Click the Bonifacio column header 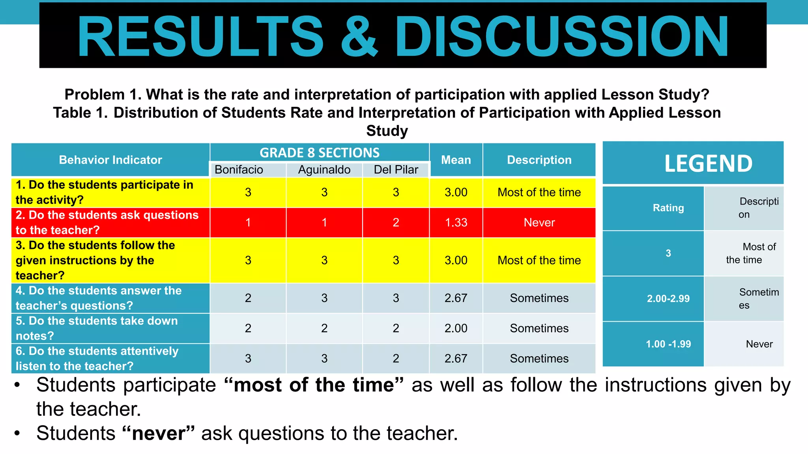coord(239,169)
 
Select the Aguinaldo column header coord(324,169)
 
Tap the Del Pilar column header coord(396,169)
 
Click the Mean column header coord(456,160)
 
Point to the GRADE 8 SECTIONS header coord(319,153)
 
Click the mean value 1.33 coord(456,223)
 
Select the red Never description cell coord(539,223)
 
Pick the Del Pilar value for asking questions coord(396,223)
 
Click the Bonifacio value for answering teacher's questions coord(248,298)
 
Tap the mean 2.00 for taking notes coord(456,328)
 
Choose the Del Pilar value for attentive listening coord(396,359)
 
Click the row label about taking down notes coord(97,328)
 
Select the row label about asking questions coord(107,223)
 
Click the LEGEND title coord(708,163)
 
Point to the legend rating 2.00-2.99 coord(668,299)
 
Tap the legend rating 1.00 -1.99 coord(668,344)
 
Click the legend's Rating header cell coord(668,208)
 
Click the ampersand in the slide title coord(359,36)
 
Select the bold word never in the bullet coord(159,434)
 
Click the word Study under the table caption coord(387,131)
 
